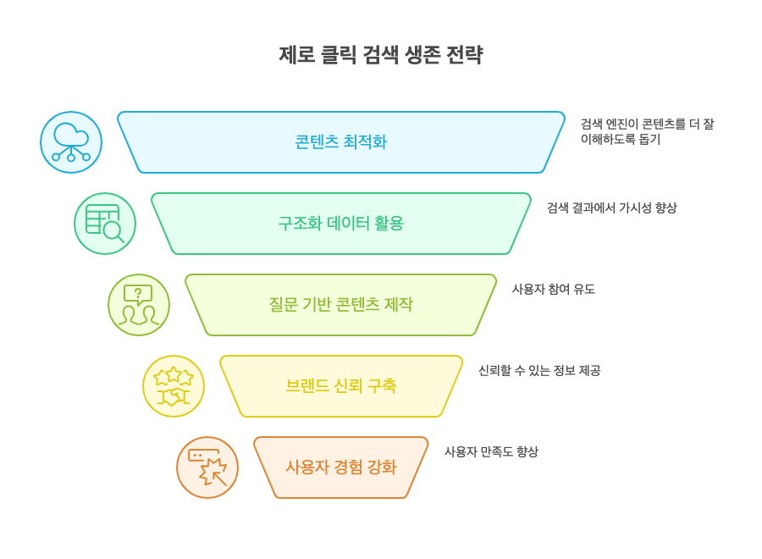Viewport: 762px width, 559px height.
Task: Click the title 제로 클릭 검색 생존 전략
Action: [x=380, y=54]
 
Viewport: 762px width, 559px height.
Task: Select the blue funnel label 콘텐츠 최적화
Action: [x=340, y=142]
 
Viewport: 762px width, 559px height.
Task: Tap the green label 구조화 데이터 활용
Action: [x=340, y=223]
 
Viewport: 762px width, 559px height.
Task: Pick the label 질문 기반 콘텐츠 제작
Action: [x=340, y=304]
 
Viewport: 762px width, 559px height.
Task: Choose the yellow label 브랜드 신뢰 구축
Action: [x=340, y=386]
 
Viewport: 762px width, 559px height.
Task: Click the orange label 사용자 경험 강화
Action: [x=340, y=468]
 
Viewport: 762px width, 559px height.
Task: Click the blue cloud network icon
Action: [x=71, y=142]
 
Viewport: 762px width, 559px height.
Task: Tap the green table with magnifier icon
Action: [x=105, y=224]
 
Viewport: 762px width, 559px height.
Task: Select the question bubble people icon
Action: [x=139, y=305]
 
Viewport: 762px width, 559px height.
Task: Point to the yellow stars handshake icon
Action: [x=174, y=386]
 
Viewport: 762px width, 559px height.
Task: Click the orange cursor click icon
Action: [x=207, y=468]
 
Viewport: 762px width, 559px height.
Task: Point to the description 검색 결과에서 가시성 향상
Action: [x=612, y=208]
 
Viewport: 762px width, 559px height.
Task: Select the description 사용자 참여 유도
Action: [x=554, y=289]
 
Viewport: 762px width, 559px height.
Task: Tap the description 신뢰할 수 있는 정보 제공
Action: [x=539, y=370]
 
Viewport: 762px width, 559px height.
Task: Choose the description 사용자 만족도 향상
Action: [x=491, y=451]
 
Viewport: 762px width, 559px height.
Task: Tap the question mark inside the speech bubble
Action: [x=138, y=292]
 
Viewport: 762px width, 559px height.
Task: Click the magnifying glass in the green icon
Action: [x=114, y=232]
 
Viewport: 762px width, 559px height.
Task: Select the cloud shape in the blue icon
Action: [x=71, y=135]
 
